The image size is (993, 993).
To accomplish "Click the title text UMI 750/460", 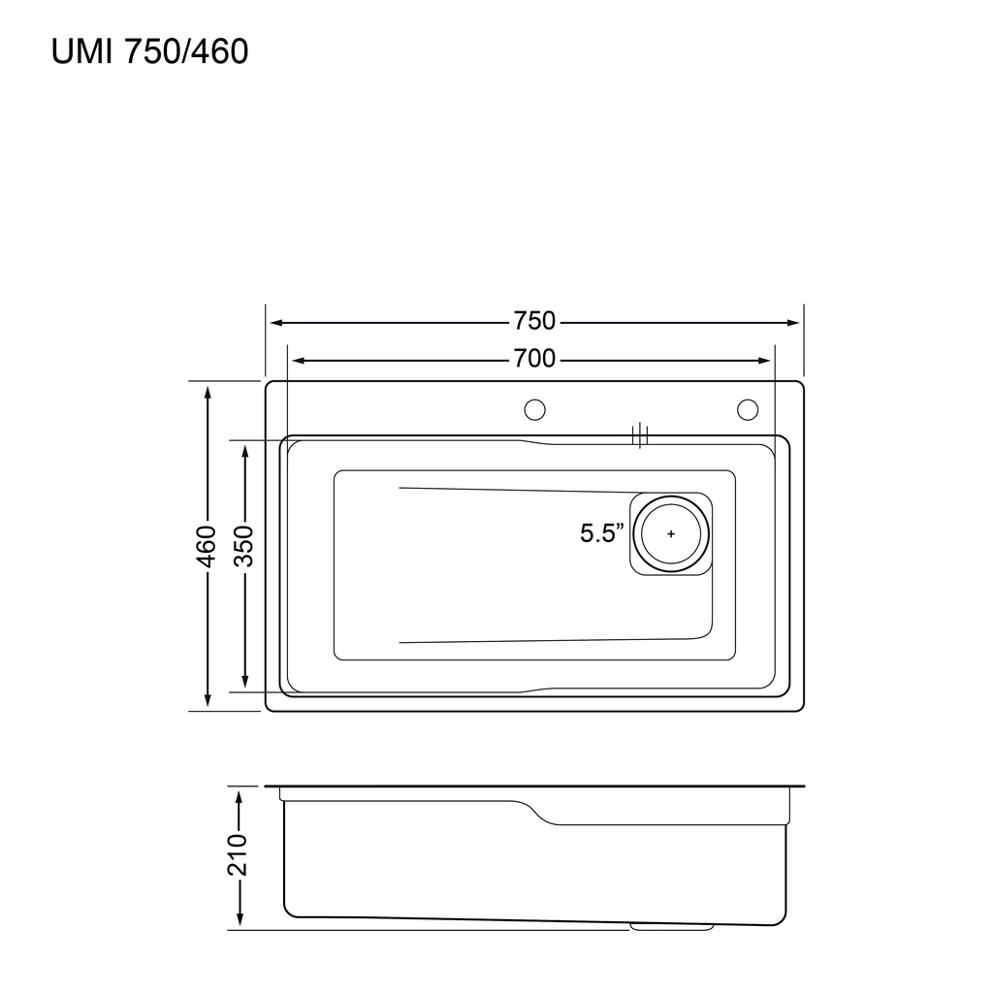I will click(149, 51).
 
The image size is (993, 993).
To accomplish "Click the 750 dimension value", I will click(534, 321).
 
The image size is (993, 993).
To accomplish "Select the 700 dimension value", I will click(534, 360).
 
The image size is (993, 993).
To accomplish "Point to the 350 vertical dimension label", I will click(244, 546).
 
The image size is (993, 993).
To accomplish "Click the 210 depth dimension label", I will click(239, 854).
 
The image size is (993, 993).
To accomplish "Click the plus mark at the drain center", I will click(671, 533).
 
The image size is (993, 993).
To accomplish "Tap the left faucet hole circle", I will click(534, 410).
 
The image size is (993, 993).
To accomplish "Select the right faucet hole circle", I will click(747, 410).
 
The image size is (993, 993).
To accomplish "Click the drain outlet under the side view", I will click(671, 927).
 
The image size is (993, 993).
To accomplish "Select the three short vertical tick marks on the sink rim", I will click(639, 435).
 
